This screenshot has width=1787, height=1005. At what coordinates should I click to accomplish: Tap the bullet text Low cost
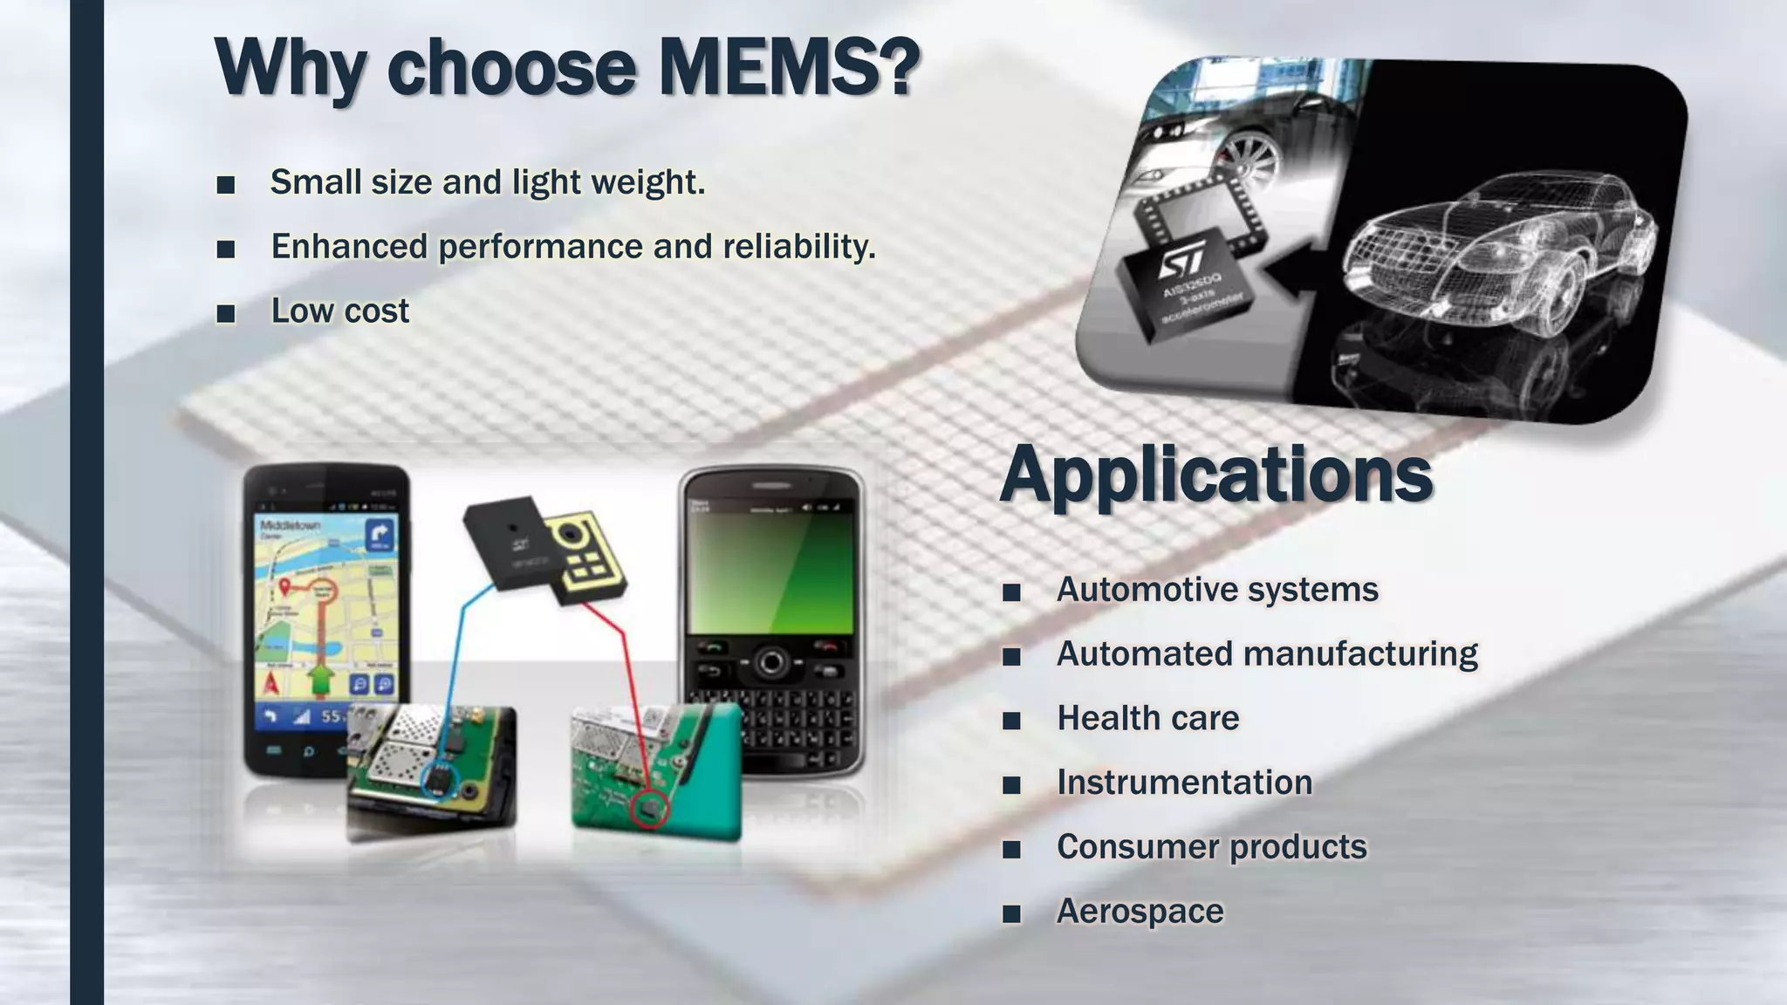[339, 311]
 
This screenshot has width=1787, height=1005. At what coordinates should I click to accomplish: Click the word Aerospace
[1140, 912]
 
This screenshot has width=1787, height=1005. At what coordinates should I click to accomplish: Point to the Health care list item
[1147, 719]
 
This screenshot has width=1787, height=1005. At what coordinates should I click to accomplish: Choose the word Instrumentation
[1184, 783]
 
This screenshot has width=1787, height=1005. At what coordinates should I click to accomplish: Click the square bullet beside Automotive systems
[1011, 592]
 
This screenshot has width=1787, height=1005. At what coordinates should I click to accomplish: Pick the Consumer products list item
[1211, 847]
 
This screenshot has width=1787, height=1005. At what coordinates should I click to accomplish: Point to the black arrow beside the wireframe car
[1298, 274]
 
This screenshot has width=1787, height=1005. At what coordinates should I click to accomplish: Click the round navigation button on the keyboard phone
[770, 663]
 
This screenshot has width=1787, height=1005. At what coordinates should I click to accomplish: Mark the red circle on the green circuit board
[649, 809]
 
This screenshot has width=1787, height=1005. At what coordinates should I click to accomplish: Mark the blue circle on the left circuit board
[440, 779]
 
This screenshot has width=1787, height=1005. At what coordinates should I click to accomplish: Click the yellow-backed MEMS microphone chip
[583, 558]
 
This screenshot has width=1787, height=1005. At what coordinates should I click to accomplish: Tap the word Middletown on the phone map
[290, 525]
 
